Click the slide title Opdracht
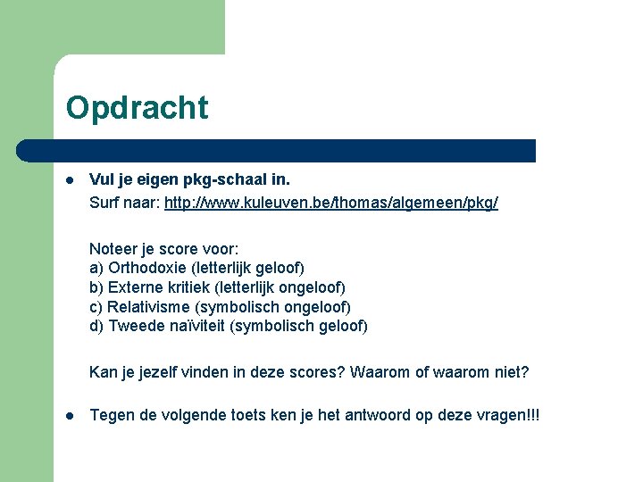(137, 108)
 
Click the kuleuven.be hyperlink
(331, 204)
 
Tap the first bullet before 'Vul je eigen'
(70, 179)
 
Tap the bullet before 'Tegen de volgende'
(70, 416)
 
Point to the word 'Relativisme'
(148, 306)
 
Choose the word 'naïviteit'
(194, 326)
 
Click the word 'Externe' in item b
(135, 287)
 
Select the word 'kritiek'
(186, 287)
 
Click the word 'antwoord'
(363, 416)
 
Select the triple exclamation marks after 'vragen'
(532, 416)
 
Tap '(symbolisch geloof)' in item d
(299, 326)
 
